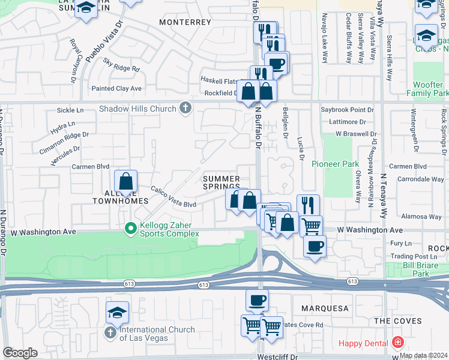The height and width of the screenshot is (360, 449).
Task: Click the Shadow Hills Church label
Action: pos(137,109)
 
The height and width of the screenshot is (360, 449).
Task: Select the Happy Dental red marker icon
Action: pos(397,343)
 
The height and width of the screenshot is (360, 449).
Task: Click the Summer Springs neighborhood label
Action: pos(221,182)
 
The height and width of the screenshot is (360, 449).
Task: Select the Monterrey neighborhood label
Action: pos(185,22)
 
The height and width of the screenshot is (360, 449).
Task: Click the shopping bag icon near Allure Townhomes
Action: pos(126,181)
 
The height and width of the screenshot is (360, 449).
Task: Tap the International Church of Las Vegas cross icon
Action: pos(110,332)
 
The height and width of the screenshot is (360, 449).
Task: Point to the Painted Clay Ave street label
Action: pos(116,88)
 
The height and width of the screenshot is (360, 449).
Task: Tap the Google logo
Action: pos(20,353)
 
